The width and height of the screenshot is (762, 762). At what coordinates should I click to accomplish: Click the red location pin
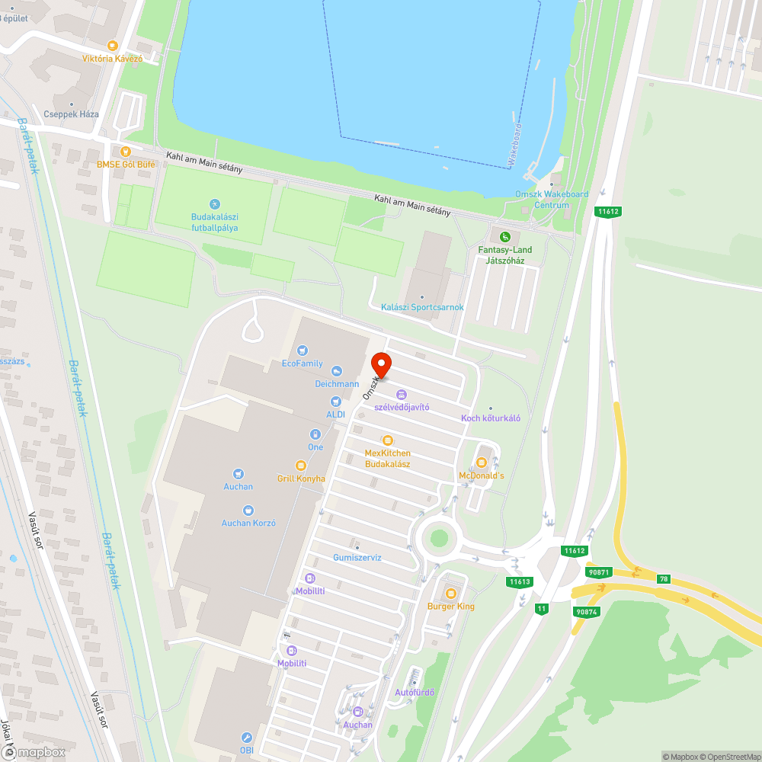[381, 363]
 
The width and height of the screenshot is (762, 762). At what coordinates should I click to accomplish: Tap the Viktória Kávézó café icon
[113, 46]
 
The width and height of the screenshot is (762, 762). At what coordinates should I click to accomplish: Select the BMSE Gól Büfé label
[126, 165]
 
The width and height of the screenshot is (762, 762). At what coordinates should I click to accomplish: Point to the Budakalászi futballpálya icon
[214, 204]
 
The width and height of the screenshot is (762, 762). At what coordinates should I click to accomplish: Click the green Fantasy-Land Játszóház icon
[504, 237]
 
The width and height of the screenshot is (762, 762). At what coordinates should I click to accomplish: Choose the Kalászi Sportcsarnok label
[422, 307]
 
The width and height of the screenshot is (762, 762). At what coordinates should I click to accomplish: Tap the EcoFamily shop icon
[303, 351]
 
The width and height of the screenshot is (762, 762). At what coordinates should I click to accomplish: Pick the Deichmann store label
[337, 384]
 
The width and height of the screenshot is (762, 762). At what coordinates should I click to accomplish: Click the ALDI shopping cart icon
[335, 401]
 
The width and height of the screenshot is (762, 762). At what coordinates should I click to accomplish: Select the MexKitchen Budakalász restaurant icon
[387, 440]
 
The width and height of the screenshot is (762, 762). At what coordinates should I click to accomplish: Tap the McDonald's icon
[481, 463]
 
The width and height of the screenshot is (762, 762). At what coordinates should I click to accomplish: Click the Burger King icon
[450, 594]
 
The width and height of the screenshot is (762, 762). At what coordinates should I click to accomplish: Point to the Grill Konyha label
[301, 479]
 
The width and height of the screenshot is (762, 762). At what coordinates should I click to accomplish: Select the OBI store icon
[246, 738]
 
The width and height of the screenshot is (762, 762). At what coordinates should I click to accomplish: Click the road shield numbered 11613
[520, 582]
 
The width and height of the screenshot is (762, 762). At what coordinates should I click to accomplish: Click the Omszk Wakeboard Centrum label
[552, 200]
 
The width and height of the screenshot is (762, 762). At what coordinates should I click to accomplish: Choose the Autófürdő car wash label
[415, 693]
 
